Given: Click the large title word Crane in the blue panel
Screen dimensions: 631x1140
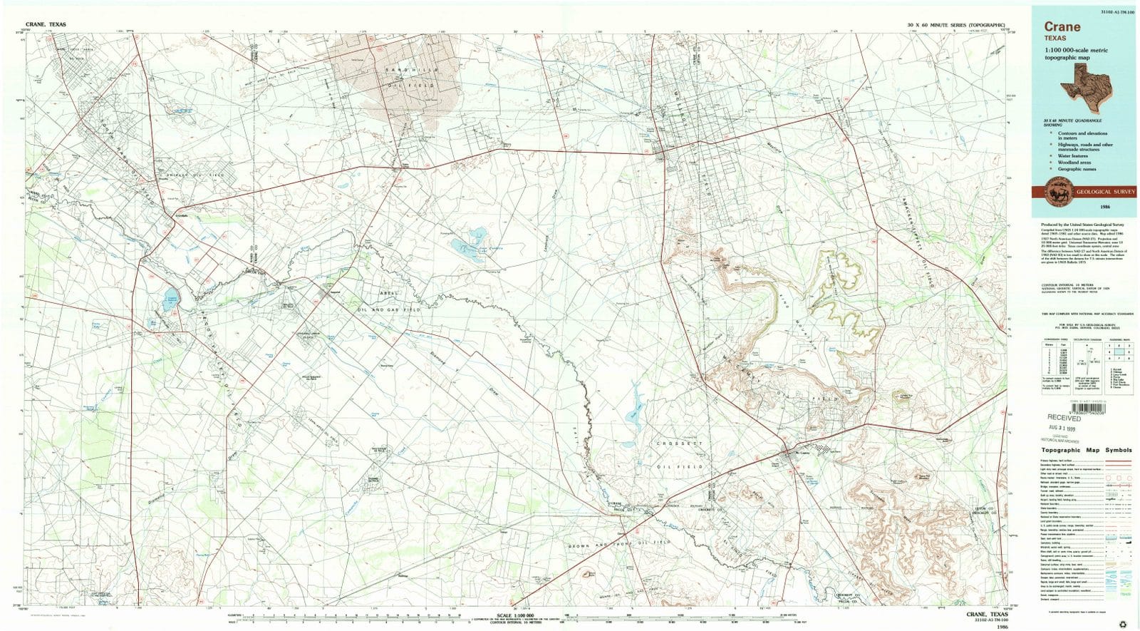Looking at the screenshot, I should point(1062,27).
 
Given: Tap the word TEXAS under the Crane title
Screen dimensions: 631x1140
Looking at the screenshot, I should point(1057,38).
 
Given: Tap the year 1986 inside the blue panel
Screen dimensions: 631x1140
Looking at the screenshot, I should point(1105,206).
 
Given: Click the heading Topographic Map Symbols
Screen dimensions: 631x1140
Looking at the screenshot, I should point(1087,451).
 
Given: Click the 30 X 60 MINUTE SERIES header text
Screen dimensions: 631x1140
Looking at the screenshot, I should point(955,25).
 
